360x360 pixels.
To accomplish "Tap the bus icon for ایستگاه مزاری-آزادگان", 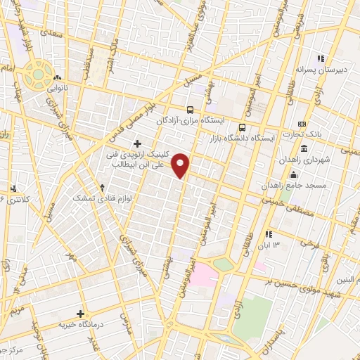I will [x=190, y=110].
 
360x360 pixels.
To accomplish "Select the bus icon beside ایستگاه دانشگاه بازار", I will [x=243, y=128].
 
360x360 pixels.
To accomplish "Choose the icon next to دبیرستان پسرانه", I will [x=321, y=58].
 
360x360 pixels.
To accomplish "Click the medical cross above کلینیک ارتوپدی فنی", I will [x=146, y=143].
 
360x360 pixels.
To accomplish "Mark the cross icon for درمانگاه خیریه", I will [x=82, y=314].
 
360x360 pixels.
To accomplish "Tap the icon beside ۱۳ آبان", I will [x=267, y=233].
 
